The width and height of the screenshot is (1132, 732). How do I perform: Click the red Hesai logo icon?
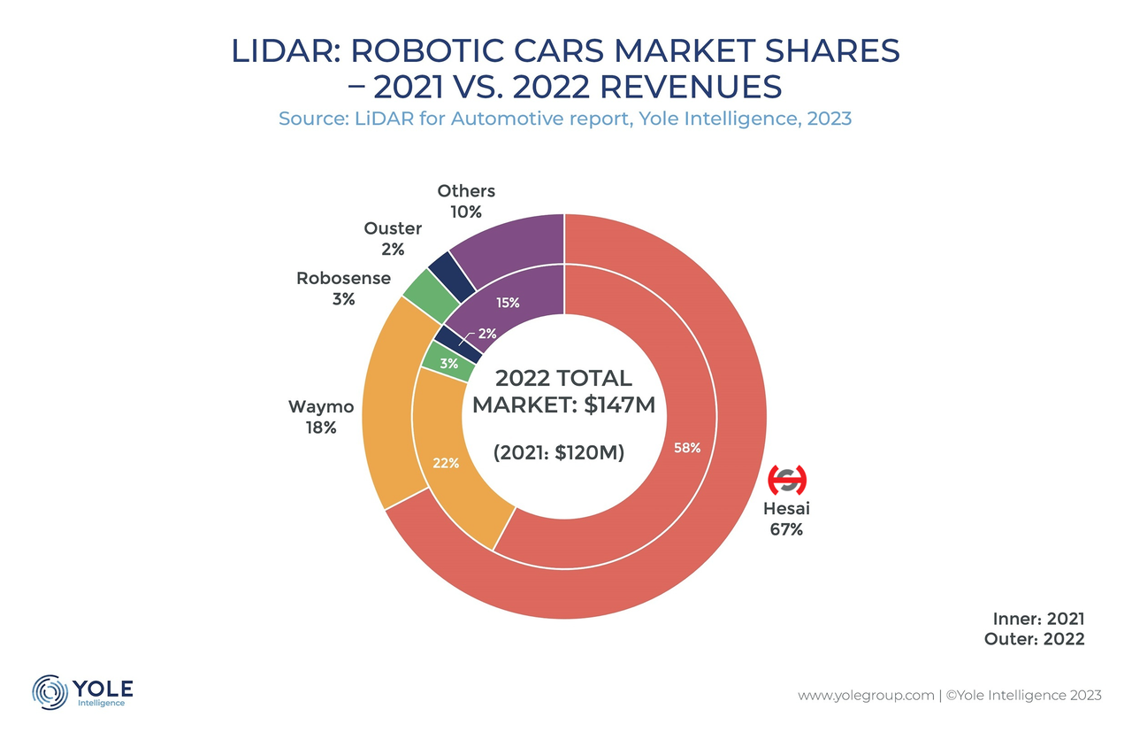786,480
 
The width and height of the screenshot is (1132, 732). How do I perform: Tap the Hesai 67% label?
786,520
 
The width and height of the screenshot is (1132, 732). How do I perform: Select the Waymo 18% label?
321,417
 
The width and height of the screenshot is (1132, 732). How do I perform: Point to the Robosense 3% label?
343,289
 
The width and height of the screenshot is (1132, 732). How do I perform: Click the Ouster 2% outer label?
393,239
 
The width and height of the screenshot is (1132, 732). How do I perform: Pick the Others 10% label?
466,201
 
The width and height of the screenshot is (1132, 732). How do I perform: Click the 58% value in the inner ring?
687,448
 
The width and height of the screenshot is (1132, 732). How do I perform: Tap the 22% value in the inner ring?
445,463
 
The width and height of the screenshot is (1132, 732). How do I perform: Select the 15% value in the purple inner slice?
507,303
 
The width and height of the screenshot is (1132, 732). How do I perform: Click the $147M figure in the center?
611,406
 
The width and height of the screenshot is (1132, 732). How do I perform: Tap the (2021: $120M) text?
559,453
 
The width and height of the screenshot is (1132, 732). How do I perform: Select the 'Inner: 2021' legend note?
1035,619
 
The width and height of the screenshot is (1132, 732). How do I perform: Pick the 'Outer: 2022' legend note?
1034,639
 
